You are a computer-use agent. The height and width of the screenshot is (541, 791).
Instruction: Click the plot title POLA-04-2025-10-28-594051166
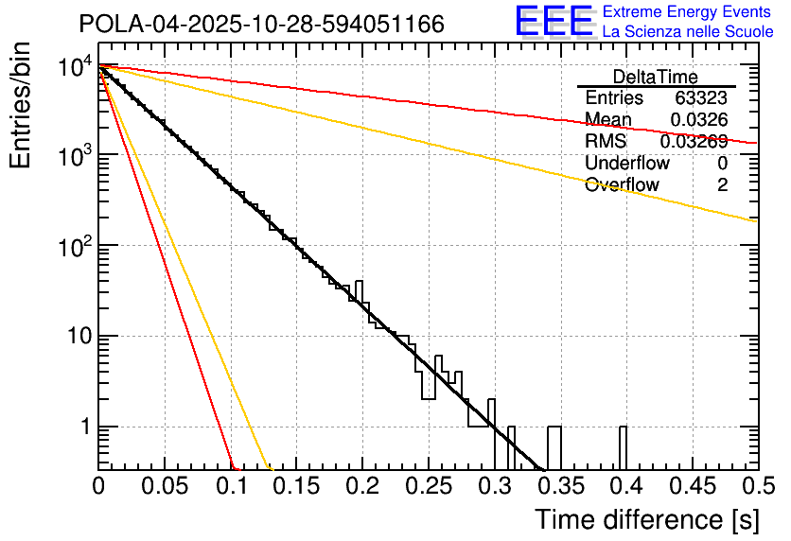pyautogui.click(x=261, y=25)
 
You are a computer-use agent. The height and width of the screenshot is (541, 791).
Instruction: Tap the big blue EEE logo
pyautogui.click(x=554, y=23)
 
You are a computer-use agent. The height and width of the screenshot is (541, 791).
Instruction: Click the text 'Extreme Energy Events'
pyautogui.click(x=688, y=12)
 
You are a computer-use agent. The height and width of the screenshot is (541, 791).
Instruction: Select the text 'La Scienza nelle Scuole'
pyautogui.click(x=688, y=32)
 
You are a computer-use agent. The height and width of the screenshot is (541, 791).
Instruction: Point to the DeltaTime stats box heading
pyautogui.click(x=656, y=77)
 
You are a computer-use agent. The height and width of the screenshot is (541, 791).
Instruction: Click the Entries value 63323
pyautogui.click(x=701, y=98)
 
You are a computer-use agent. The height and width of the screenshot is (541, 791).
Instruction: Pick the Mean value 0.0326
pyautogui.click(x=698, y=120)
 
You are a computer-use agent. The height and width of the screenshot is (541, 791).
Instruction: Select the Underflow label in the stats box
pyautogui.click(x=626, y=164)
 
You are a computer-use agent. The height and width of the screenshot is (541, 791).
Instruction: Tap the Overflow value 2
pyautogui.click(x=722, y=185)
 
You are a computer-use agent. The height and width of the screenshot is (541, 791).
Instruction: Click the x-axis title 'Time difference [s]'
pyautogui.click(x=646, y=519)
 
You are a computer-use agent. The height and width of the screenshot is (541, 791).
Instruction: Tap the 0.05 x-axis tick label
pyautogui.click(x=164, y=486)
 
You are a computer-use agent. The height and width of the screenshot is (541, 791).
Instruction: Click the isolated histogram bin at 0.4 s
pyautogui.click(x=623, y=446)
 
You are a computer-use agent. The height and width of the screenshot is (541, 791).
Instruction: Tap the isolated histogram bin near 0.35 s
pyautogui.click(x=554, y=446)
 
